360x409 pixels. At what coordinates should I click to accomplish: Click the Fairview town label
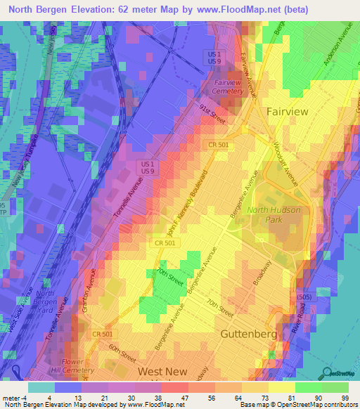coord(289,111)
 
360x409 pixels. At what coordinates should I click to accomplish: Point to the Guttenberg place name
coord(249,334)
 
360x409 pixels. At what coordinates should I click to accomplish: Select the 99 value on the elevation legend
coord(345,398)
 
